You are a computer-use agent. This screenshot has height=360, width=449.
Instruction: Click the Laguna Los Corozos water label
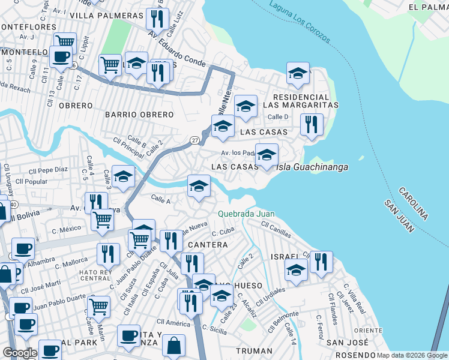pyautogui.click(x=300, y=25)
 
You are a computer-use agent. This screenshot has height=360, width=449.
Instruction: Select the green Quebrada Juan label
pyautogui.click(x=246, y=214)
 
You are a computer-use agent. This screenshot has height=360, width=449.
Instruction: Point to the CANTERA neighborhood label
pyautogui.click(x=208, y=245)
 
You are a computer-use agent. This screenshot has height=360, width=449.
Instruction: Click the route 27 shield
pyautogui.click(x=194, y=140)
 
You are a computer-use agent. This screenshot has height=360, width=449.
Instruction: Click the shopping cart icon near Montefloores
pyautogui.click(x=65, y=41)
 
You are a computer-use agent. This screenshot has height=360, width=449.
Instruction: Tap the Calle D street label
pyautogui.click(x=278, y=117)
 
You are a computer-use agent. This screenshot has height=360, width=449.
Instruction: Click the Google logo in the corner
pyautogui.click(x=20, y=353)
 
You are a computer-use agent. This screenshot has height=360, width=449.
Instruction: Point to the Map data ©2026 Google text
pyautogui.click(x=408, y=355)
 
